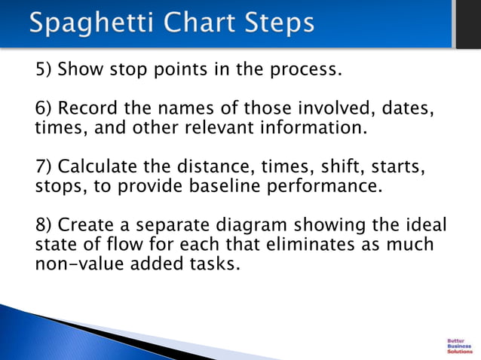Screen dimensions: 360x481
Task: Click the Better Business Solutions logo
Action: pyautogui.click(x=460, y=344)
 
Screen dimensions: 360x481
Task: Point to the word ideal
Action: pyautogui.click(x=424, y=224)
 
